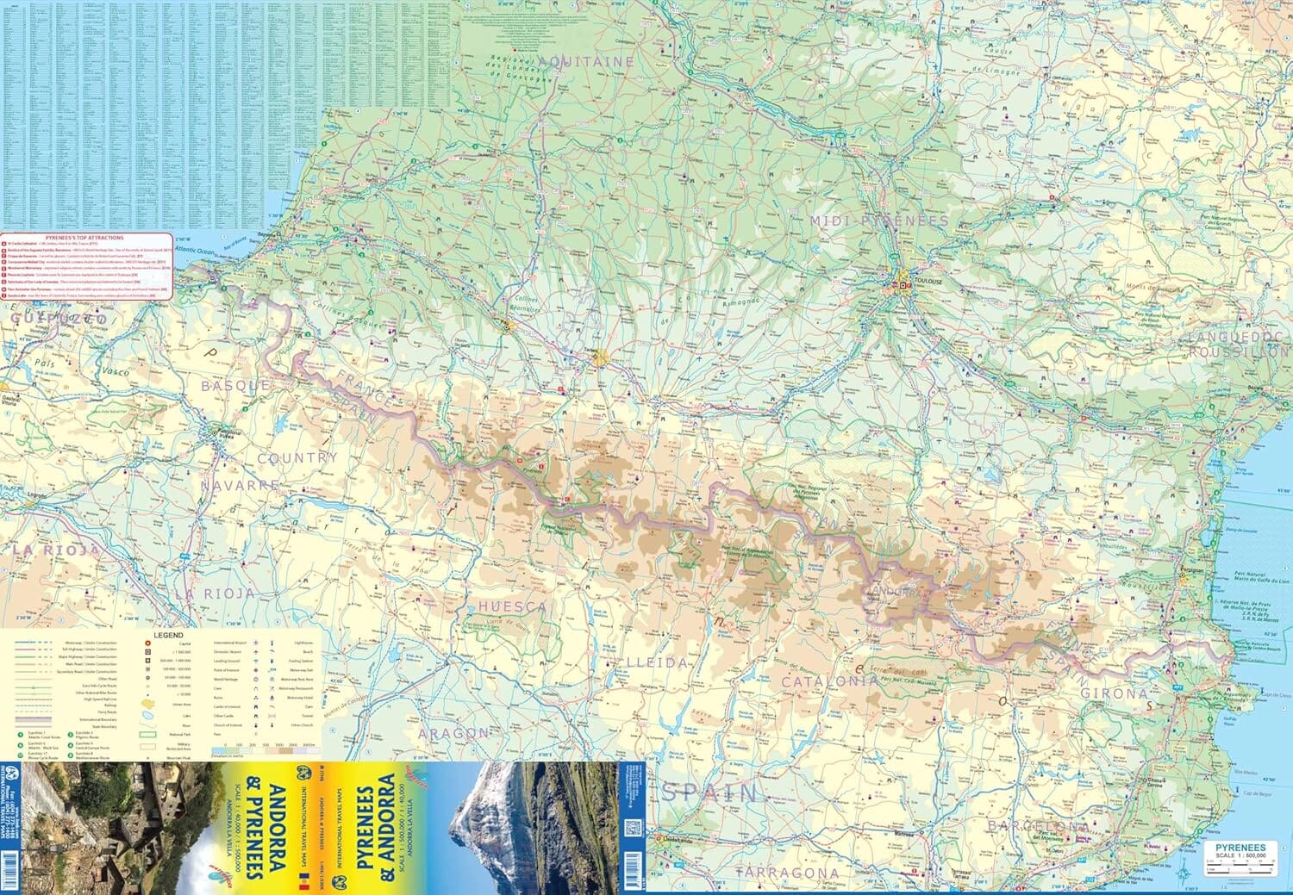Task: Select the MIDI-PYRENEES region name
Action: [x=878, y=221]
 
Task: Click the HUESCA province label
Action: [x=513, y=607]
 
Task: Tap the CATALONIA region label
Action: [x=830, y=681]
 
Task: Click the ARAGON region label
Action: [x=453, y=733]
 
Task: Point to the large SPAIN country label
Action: [x=709, y=792]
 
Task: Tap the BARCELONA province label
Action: [x=1038, y=826]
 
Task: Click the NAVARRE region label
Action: [x=240, y=485]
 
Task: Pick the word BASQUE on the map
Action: [x=235, y=386]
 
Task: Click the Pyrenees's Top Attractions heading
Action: [x=84, y=237]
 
